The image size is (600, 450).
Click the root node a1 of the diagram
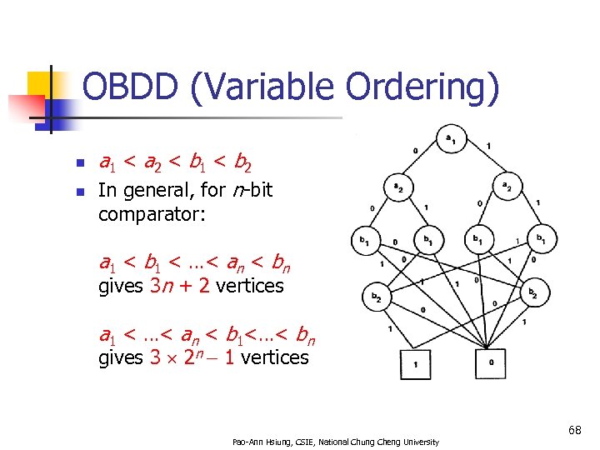450,139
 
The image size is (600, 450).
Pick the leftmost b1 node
365,241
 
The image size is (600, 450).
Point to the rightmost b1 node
541,241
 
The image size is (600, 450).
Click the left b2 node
376,296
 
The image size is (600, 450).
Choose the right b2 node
532,293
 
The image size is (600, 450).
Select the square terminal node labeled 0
490,363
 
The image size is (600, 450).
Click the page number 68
574,430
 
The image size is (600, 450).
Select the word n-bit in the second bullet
252,190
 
